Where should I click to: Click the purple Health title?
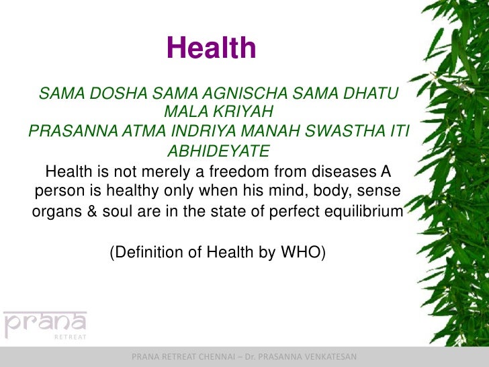[211, 48]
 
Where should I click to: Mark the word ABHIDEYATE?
[218, 149]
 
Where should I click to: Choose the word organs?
[55, 213]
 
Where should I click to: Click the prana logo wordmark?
[45, 324]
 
